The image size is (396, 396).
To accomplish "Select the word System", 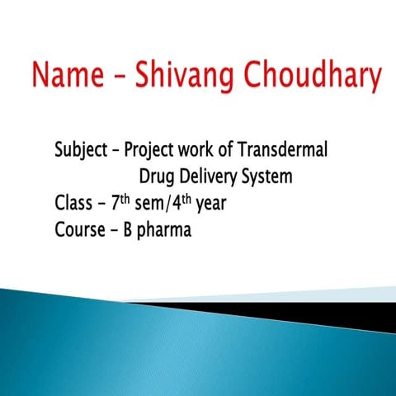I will pyautogui.click(x=268, y=178).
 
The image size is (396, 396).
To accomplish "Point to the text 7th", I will pyautogui.click(x=120, y=202).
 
